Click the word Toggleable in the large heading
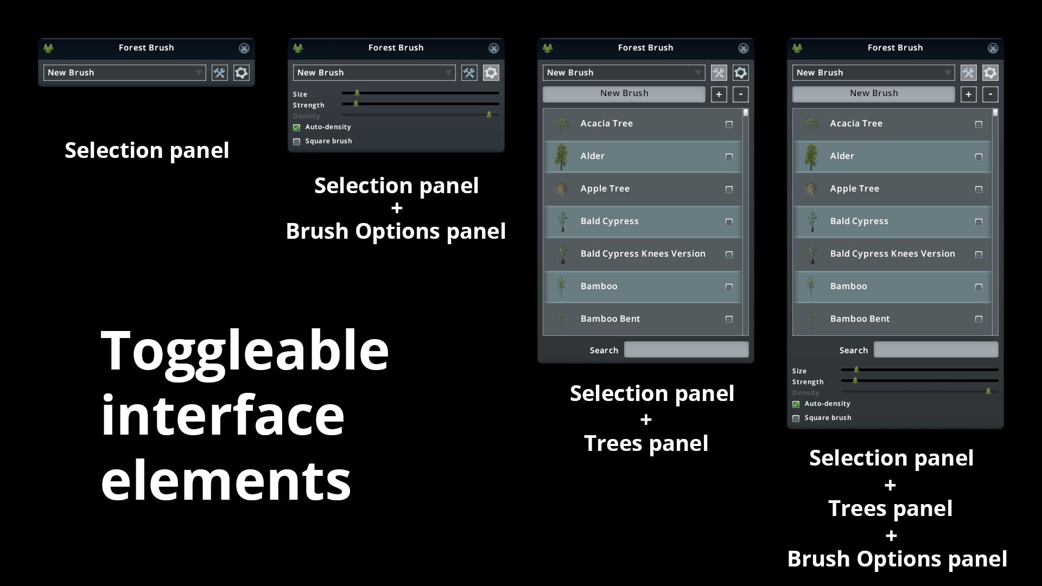[x=245, y=352]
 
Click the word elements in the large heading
[x=226, y=480]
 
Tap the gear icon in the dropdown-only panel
[x=242, y=73]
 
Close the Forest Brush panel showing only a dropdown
[x=244, y=48]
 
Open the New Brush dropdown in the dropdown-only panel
[x=124, y=73]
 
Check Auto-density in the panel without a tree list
[x=297, y=128]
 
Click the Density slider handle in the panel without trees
[x=489, y=114]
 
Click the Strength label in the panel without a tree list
[x=308, y=105]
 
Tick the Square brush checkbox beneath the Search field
[x=796, y=418]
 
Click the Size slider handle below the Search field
[x=856, y=370]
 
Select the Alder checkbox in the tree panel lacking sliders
[x=729, y=157]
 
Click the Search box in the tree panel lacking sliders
[x=686, y=350]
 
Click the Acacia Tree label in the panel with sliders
[x=856, y=124]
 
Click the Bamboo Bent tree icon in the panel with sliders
[x=811, y=319]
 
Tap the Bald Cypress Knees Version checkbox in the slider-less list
[x=729, y=254]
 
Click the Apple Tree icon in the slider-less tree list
[x=562, y=189]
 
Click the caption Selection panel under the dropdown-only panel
[x=147, y=150]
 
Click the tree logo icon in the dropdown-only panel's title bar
[x=48, y=48]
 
